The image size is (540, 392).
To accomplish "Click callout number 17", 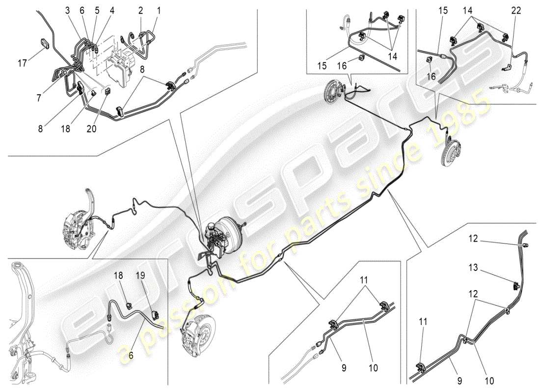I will (x=22, y=63).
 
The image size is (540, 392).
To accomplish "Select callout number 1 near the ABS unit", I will (x=159, y=10).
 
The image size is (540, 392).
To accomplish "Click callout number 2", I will (x=140, y=10).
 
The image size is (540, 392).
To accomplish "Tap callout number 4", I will (x=112, y=10).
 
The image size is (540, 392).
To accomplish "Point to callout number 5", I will (x=97, y=10).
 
